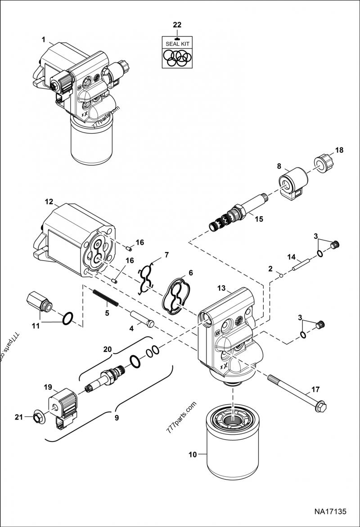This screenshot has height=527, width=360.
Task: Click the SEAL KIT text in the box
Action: point(177,44)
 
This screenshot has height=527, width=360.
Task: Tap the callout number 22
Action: point(177,25)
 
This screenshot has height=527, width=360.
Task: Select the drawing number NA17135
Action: point(330,511)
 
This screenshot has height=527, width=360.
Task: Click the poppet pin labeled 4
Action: point(142,318)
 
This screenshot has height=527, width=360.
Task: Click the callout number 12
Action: point(49,202)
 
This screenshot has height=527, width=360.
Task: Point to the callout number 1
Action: point(44,40)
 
